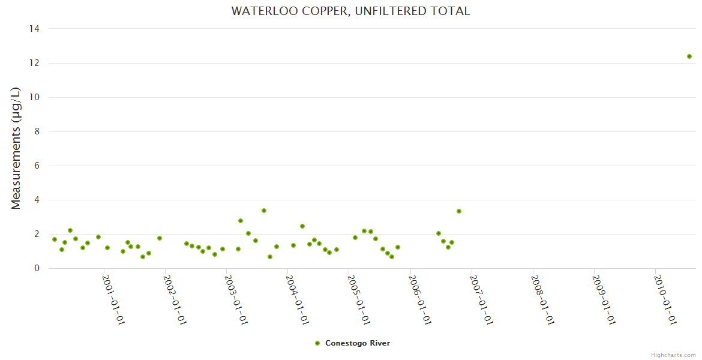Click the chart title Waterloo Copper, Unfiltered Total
pyautogui.click(x=351, y=11)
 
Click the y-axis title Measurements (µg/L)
pyautogui.click(x=16, y=148)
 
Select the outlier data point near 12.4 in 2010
pyautogui.click(x=689, y=56)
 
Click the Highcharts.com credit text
pyautogui.click(x=673, y=355)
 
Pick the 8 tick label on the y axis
pyautogui.click(x=37, y=131)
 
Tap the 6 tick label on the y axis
pyautogui.click(x=37, y=166)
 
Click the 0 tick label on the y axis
pyautogui.click(x=37, y=268)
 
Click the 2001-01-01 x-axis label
pyautogui.click(x=113, y=299)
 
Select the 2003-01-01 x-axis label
pyautogui.click(x=235, y=299)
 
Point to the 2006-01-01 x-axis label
pyautogui.click(x=419, y=299)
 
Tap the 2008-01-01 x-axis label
pyautogui.click(x=541, y=299)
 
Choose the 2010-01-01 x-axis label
pyautogui.click(x=664, y=299)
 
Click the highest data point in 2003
pyautogui.click(x=263, y=211)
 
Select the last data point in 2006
pyautogui.click(x=459, y=211)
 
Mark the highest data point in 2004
pyautogui.click(x=302, y=226)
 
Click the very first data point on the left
pyautogui.click(x=55, y=239)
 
